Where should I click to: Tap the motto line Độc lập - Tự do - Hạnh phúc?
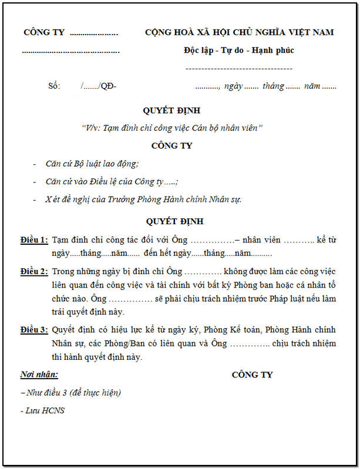238,50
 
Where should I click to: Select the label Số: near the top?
54,86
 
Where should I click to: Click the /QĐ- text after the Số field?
108,86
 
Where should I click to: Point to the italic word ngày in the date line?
233,86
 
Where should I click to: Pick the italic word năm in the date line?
312,86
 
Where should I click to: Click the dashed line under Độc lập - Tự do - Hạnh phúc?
238,69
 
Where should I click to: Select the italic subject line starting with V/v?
172,127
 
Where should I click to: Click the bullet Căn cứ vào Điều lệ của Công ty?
112,181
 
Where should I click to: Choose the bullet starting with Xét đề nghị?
143,199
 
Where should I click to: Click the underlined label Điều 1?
34,240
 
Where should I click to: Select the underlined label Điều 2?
34,272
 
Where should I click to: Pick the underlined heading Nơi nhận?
39,374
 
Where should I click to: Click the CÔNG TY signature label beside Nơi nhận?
252,374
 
